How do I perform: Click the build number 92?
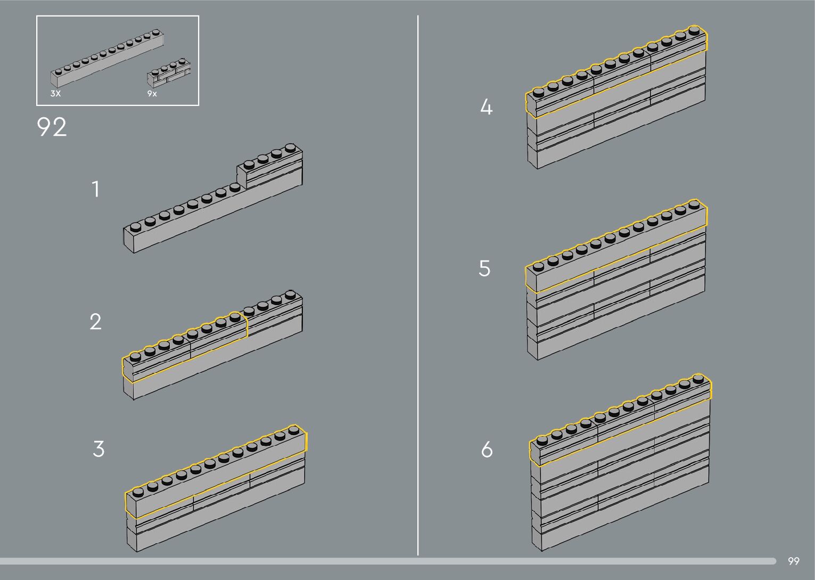pos(52,128)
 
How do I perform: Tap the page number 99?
pos(793,561)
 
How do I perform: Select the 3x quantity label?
pos(55,94)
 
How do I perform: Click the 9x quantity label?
pos(152,94)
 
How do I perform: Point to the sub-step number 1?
pos(96,189)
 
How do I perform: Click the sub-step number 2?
pos(95,322)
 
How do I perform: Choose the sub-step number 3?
pos(98,449)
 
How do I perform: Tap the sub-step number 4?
pos(486,108)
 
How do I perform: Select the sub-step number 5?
pos(484,268)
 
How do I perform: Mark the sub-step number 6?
pos(487,450)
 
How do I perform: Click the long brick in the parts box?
pos(106,59)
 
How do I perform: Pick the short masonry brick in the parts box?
pos(169,72)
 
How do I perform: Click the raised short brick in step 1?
pos(270,169)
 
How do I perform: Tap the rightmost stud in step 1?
pos(290,147)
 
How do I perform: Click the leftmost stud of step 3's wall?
pos(138,491)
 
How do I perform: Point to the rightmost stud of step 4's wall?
pos(694,30)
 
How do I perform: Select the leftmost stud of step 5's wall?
pos(538,265)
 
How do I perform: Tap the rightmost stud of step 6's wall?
pos(698,378)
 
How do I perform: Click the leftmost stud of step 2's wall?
pos(135,356)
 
